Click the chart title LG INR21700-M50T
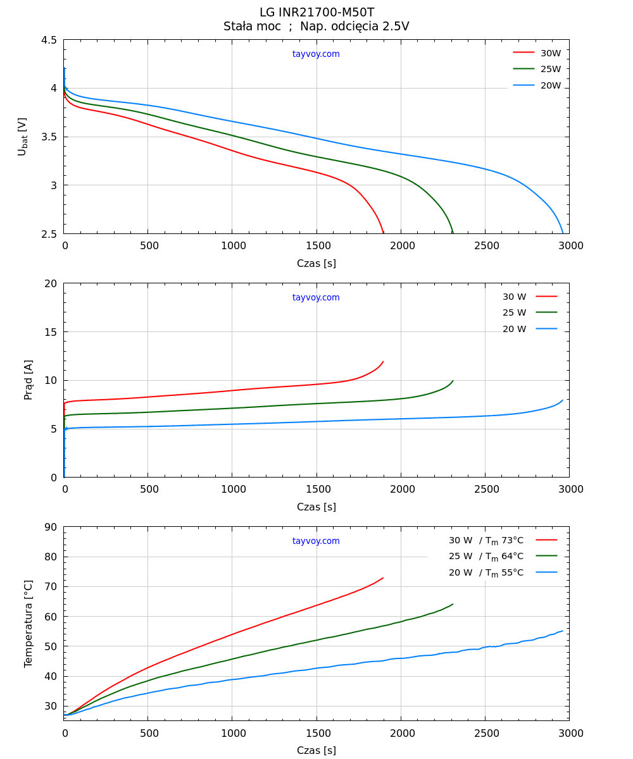[316, 13]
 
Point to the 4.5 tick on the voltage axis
[49, 40]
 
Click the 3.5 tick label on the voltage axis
[49, 137]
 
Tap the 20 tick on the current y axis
[51, 283]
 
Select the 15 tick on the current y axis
[51, 332]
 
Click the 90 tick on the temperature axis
[51, 527]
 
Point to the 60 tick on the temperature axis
[51, 617]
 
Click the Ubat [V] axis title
[23, 137]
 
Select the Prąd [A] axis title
[28, 379]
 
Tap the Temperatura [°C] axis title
[28, 623]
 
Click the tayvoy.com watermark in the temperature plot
[316, 541]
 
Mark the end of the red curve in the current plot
[383, 362]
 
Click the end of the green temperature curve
[453, 604]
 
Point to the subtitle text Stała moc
[252, 27]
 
